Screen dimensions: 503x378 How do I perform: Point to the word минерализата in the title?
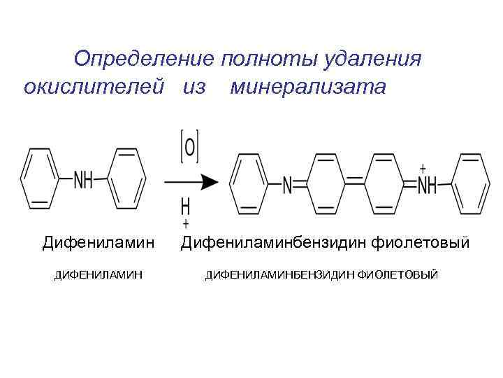point(307,87)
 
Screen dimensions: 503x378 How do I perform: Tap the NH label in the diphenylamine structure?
point(83,181)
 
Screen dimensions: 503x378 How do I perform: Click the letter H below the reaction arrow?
point(186,206)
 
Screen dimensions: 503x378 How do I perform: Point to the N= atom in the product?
point(289,185)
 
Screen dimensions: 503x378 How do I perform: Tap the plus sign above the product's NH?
point(423,169)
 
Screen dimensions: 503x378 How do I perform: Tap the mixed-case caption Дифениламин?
point(98,244)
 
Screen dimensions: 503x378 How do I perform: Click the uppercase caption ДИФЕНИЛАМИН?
point(99,275)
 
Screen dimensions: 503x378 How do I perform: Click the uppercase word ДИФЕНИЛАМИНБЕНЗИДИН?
point(279,275)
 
